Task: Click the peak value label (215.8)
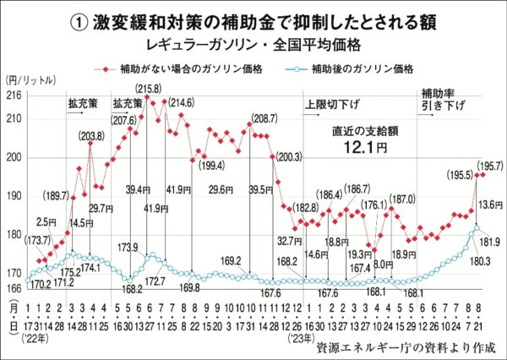pyautogui.click(x=149, y=88)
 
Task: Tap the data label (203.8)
pyautogui.click(x=92, y=135)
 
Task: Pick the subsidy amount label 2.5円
pyautogui.click(x=46, y=221)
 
